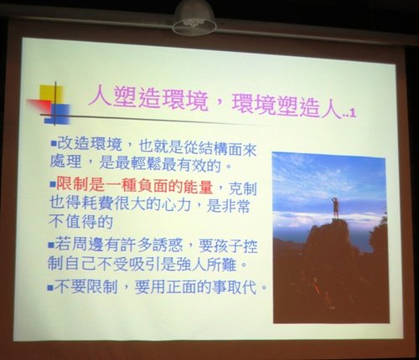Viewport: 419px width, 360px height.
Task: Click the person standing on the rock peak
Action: click(x=335, y=208)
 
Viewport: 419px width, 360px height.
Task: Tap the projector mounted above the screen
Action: click(x=194, y=18)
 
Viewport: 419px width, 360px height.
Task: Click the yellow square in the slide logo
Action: click(x=50, y=95)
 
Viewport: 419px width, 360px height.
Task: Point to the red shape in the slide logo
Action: click(x=39, y=106)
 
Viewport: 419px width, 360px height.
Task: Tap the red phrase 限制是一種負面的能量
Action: click(x=134, y=185)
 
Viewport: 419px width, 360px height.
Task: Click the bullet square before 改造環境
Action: click(x=54, y=145)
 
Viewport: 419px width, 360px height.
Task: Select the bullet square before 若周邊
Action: click(x=50, y=245)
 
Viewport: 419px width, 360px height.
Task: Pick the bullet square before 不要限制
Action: click(x=50, y=287)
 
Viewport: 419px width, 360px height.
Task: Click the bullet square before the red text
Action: click(x=52, y=184)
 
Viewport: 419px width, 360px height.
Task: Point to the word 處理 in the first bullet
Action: click(x=65, y=162)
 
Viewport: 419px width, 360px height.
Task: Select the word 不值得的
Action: click(x=80, y=222)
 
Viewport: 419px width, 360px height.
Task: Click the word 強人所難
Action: click(x=206, y=265)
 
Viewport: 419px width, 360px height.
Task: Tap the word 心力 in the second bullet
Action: click(x=175, y=204)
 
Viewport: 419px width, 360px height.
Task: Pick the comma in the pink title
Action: click(x=221, y=107)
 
